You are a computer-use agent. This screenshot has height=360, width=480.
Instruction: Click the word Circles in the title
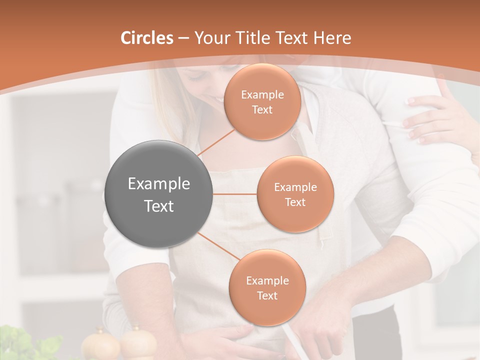[147, 38]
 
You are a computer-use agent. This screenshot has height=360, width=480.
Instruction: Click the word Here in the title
[331, 38]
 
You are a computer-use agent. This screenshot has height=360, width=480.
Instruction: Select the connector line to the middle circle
[235, 193]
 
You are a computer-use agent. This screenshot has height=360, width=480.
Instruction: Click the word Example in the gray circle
[159, 184]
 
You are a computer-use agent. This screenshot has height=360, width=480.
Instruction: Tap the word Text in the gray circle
[159, 206]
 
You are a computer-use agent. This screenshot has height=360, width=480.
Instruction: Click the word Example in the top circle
[262, 95]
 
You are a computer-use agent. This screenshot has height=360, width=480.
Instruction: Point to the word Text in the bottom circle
[267, 295]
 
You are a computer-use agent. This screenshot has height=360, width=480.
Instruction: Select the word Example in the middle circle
[295, 187]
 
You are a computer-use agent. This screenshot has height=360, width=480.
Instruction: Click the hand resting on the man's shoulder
[430, 120]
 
